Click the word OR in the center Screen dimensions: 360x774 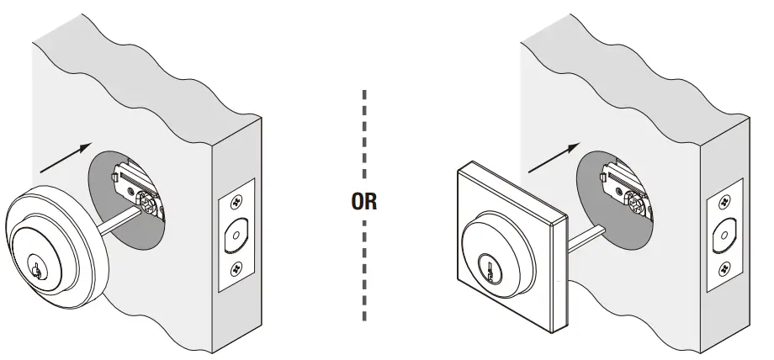pos(364,202)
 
